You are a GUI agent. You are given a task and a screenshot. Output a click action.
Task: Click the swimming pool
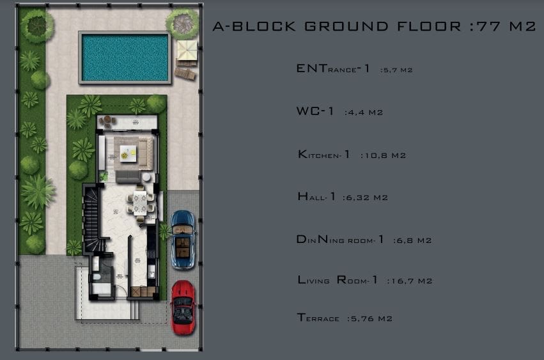pos(125,58)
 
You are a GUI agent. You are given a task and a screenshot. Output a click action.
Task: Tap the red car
pos(183,308)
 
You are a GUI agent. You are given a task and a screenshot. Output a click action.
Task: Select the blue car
pos(183,240)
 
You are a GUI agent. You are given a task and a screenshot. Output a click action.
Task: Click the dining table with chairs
pos(140,204)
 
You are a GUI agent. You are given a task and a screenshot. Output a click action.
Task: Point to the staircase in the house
pos(92,219)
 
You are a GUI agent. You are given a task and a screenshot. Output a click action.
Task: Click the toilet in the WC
pos(97,277)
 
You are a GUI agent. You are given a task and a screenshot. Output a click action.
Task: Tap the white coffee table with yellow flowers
pos(128,153)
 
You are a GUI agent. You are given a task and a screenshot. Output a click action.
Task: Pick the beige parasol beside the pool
pos(187,51)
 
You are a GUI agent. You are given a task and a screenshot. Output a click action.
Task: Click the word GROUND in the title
pos(347,26)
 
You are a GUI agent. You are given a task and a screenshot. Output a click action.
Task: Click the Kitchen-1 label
pos(323,154)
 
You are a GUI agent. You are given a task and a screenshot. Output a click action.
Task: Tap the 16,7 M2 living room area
pos(410,281)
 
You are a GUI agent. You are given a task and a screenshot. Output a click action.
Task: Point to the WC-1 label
pos(315,111)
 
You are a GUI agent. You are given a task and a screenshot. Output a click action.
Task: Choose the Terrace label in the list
pos(318,318)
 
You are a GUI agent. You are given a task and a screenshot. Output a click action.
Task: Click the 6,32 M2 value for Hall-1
pos(365,198)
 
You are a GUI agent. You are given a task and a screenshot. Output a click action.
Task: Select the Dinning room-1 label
pos(340,240)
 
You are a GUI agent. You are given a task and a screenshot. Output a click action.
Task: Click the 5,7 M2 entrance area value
pos(396,70)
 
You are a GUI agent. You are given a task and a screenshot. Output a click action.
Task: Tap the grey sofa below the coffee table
pos(128,176)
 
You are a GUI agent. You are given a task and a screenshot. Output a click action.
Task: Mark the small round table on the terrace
pos(108,120)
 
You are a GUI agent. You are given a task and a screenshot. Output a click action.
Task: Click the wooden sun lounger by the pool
pos(185,74)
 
